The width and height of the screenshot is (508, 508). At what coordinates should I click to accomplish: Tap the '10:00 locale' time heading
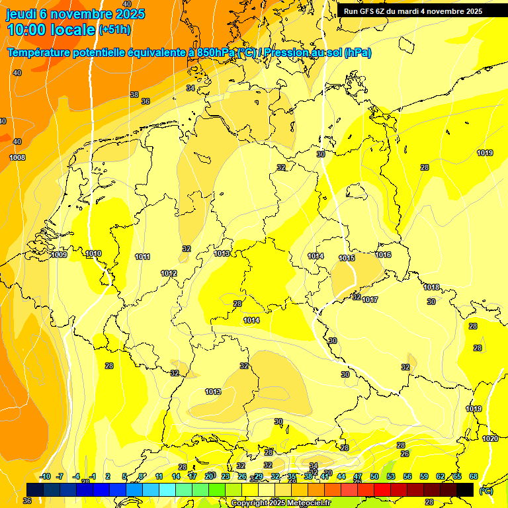51,30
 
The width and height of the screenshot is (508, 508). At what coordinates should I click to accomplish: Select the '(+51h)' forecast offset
114,30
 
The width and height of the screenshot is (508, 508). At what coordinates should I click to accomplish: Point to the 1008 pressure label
17,157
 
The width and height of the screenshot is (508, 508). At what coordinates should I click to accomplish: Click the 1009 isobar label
59,255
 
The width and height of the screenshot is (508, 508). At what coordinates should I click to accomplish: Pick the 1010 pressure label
93,253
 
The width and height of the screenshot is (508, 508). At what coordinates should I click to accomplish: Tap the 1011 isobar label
142,257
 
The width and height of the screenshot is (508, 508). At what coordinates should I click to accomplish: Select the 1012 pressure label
169,273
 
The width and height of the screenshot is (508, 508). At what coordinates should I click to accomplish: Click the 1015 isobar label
347,258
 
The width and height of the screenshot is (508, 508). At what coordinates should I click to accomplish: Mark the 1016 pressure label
384,255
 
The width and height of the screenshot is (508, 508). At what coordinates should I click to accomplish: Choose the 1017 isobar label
370,300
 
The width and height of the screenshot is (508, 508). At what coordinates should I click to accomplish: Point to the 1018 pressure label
432,287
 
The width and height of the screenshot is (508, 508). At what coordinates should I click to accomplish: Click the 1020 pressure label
490,439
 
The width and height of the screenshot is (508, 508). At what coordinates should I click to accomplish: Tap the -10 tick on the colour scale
45,476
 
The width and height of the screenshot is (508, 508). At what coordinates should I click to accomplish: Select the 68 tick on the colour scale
474,476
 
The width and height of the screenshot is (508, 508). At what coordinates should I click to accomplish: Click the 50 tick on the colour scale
374,476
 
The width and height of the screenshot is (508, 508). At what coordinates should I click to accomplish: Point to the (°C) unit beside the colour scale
486,491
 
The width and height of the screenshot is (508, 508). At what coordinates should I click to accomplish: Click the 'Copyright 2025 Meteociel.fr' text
280,503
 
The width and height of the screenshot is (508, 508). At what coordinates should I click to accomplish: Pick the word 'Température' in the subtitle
40,53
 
